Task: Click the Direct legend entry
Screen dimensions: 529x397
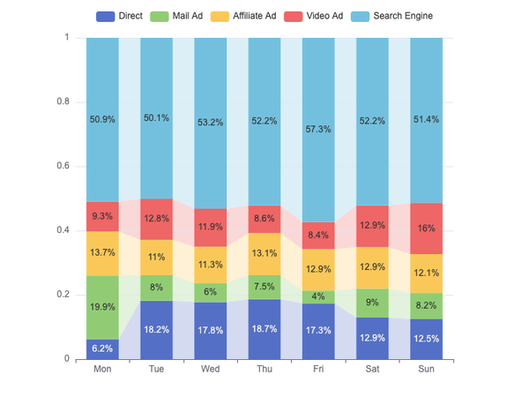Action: (119, 16)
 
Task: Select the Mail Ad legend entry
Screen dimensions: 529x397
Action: (176, 16)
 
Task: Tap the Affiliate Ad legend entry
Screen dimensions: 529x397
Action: (243, 16)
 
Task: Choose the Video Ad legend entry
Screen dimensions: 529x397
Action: (313, 16)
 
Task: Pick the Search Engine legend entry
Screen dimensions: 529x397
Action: (391, 16)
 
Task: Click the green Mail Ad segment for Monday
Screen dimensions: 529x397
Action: (102, 308)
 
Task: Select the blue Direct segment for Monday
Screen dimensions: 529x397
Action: (102, 349)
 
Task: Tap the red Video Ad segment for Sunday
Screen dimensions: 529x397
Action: (427, 228)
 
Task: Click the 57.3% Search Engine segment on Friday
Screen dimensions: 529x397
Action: (318, 130)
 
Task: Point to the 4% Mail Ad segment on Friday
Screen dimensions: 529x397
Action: (318, 297)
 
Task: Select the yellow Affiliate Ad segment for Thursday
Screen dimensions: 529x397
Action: (264, 254)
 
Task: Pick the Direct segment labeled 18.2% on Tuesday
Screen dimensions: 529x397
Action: (157, 330)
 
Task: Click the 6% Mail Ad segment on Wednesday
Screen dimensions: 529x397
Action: (211, 293)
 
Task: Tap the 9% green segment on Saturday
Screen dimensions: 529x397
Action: (372, 303)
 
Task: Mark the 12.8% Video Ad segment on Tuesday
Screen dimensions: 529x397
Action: (157, 220)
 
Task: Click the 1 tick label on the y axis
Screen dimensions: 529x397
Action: (67, 37)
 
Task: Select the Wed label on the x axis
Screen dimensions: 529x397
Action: (211, 369)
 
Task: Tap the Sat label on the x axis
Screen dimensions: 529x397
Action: (372, 369)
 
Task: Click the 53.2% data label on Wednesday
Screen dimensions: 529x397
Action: (211, 123)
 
